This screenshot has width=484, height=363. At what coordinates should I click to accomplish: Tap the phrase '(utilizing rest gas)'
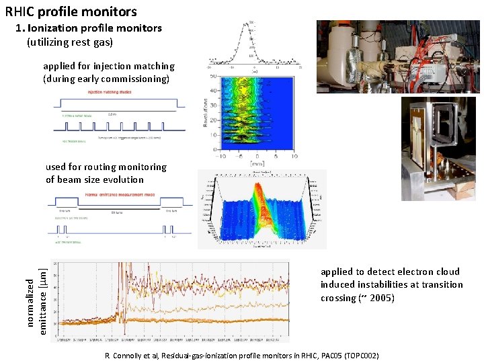70,42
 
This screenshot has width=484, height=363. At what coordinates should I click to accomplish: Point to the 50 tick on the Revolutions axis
213,77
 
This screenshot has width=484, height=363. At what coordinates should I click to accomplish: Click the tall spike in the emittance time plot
124,282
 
